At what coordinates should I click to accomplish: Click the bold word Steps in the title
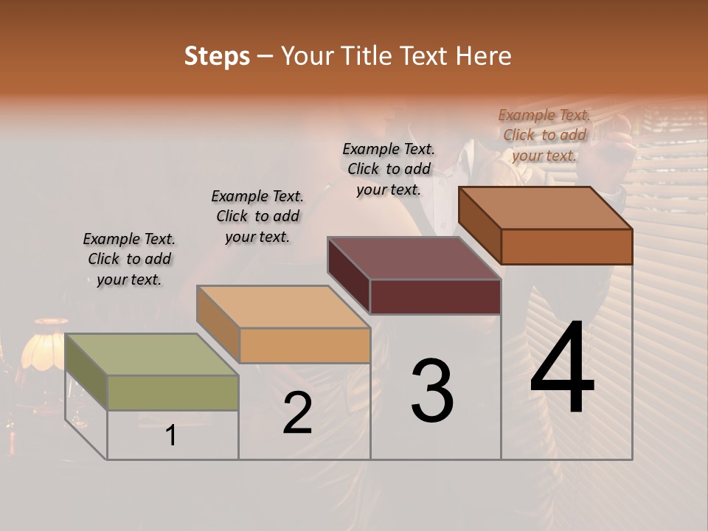coord(217,56)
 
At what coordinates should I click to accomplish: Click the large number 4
coord(562,369)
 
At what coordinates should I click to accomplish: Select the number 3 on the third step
coord(432,391)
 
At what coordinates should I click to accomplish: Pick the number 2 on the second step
coord(298,413)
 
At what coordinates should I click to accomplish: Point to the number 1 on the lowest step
coord(171,436)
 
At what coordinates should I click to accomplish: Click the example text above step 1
coord(129,259)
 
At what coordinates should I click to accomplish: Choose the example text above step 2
coord(257,216)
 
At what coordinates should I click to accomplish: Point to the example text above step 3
coord(389,169)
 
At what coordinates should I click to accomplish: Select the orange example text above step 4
coord(544,135)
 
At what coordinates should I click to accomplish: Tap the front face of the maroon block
coord(435,296)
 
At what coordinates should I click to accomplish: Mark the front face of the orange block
coord(566,246)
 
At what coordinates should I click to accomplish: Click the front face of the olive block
coord(173,392)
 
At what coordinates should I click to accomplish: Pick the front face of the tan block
coord(305,345)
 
